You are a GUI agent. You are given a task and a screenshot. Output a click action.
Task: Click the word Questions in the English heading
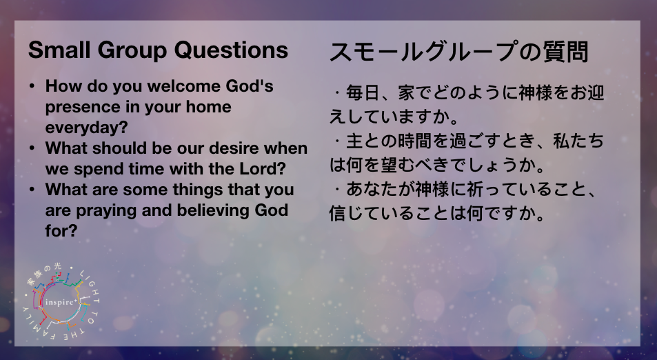(231, 50)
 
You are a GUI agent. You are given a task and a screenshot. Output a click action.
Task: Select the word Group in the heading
(132, 51)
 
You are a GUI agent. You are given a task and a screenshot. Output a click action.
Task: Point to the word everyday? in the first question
(86, 128)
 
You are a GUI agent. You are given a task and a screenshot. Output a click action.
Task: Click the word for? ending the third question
(61, 230)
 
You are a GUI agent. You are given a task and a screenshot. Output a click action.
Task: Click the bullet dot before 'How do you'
(32, 87)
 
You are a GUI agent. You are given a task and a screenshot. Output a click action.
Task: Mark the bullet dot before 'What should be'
(32, 149)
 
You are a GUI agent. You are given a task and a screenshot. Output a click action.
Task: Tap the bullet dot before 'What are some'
(32, 190)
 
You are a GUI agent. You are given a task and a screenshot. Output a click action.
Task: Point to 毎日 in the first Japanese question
(363, 92)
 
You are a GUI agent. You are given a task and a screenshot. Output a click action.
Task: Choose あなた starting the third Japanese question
(372, 190)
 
